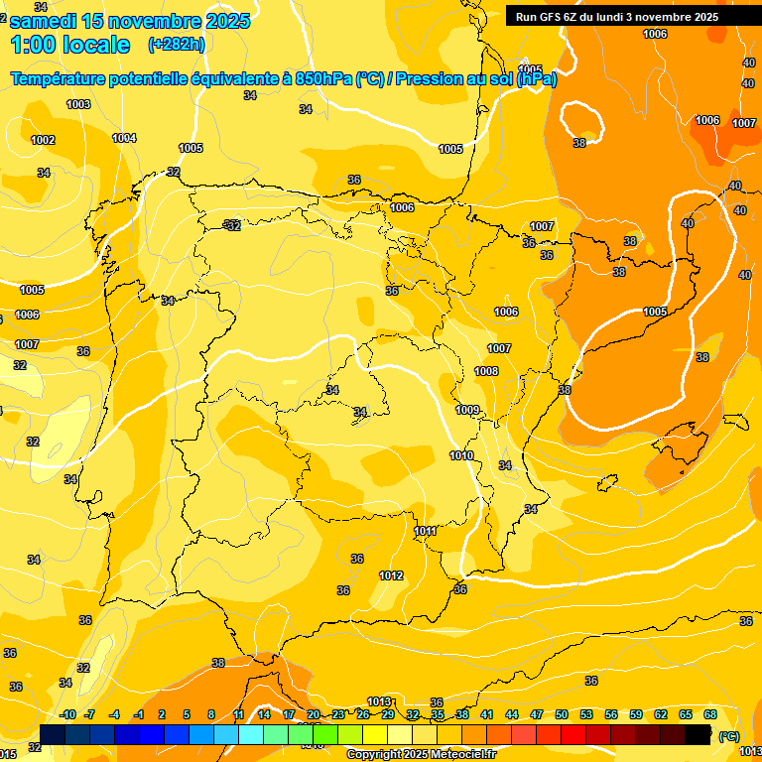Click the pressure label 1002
tap(43, 140)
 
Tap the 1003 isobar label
tap(78, 104)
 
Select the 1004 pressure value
tap(124, 138)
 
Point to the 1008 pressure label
tap(486, 371)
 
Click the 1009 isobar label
tap(467, 410)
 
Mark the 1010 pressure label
tap(461, 455)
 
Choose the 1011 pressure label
tap(426, 531)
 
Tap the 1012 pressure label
tap(391, 575)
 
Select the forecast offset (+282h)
tap(177, 45)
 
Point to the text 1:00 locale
tap(70, 45)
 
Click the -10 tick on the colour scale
tap(67, 715)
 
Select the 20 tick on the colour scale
tap(314, 715)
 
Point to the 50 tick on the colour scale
tap(561, 715)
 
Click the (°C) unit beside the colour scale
tap(729, 735)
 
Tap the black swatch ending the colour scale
tap(698, 734)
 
